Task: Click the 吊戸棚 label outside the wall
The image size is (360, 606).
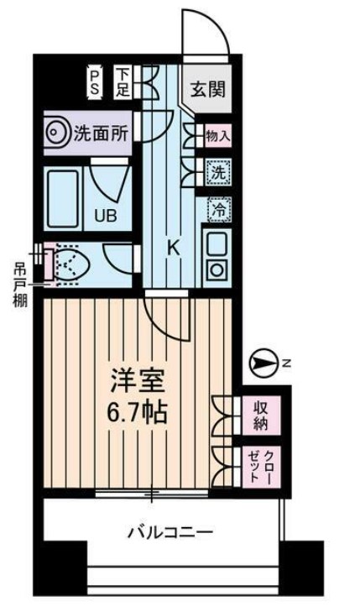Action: click(x=18, y=285)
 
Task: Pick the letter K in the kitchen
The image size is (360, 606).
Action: click(x=173, y=248)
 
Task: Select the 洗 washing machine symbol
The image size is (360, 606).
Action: click(x=217, y=174)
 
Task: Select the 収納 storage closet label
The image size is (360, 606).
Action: click(x=260, y=415)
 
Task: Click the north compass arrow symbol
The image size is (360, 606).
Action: click(x=263, y=363)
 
